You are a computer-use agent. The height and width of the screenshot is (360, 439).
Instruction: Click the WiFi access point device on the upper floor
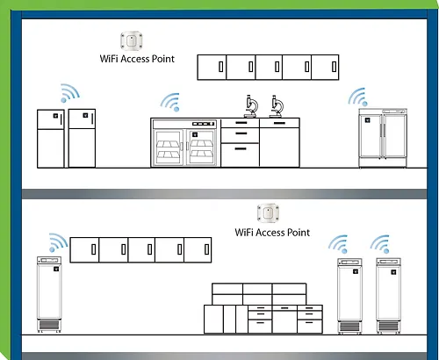[x=132, y=41]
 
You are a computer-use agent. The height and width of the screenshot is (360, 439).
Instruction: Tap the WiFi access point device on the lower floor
[x=268, y=213]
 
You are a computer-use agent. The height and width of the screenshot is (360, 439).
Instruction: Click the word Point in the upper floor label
[x=163, y=59]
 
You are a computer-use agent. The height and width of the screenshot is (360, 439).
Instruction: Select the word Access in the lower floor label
[x=270, y=233]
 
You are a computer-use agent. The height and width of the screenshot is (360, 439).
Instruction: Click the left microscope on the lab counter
[x=251, y=106]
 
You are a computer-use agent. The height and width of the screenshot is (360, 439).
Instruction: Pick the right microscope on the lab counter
[x=277, y=106]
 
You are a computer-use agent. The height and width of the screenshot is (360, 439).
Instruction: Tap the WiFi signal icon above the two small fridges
[x=69, y=93]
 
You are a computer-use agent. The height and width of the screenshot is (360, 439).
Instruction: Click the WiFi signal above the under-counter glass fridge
[x=170, y=102]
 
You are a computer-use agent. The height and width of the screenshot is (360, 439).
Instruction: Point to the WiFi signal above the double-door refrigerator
[x=358, y=97]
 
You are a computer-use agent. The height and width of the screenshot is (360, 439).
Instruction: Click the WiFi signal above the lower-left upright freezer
[x=58, y=242]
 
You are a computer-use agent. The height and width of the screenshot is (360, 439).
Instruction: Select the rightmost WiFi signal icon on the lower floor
[x=380, y=244]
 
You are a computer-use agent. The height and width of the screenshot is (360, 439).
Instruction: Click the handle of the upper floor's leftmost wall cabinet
[x=221, y=67]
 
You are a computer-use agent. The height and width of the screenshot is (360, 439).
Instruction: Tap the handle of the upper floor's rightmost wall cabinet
[x=334, y=67]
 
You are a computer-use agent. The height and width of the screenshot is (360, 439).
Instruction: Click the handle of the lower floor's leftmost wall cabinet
[x=94, y=249]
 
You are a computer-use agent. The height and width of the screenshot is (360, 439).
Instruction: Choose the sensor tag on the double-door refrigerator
[x=368, y=120]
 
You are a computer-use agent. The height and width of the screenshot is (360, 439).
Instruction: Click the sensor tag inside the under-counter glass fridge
[x=195, y=134]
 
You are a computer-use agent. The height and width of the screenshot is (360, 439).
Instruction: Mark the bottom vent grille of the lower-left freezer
[x=49, y=325]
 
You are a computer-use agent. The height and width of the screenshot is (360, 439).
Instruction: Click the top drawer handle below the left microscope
[x=241, y=123]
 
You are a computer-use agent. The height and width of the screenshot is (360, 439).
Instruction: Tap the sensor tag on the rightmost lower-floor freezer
[x=393, y=272]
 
